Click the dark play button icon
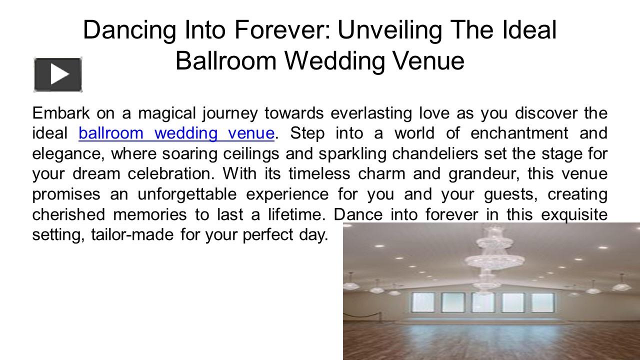(58, 74)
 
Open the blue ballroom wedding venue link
(176, 133)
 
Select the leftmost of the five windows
(423, 302)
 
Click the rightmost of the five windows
(542, 302)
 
